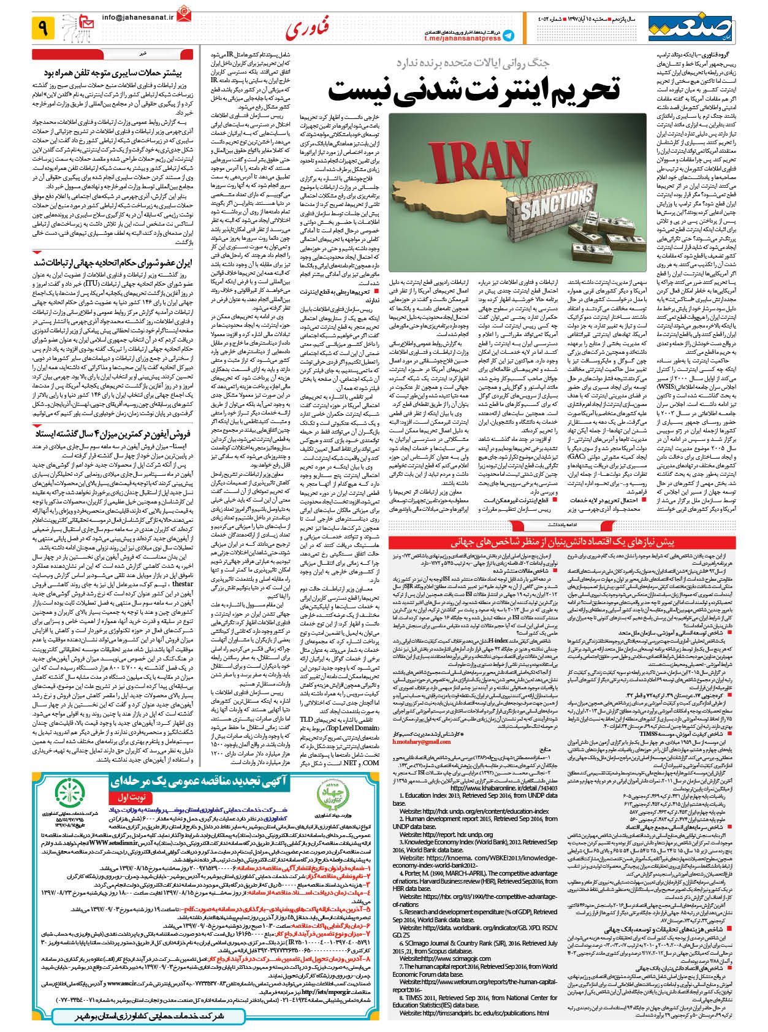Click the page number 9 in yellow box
tap(43, 27)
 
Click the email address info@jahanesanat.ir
tap(138, 18)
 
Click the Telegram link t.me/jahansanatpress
tap(462, 38)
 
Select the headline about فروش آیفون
tap(113, 434)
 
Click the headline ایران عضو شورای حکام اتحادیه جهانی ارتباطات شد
tap(113, 262)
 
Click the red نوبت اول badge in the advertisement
tap(130, 798)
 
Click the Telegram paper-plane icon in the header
tap(508, 36)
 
